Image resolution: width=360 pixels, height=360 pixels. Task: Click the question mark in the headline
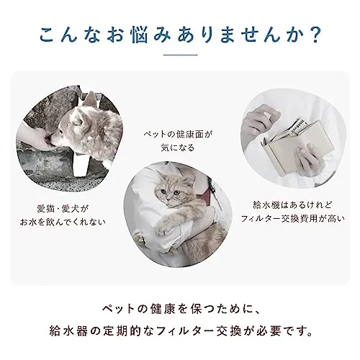pos(313,35)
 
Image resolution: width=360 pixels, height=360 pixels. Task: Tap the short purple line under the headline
pos(180,55)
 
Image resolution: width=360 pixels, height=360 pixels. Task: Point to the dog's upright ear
pos(89,101)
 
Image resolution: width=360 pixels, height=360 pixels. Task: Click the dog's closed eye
pos(76,122)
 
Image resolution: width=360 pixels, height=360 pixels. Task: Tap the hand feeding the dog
pos(36,135)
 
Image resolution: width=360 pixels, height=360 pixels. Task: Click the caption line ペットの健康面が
pos(178,134)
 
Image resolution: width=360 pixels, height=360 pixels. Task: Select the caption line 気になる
pos(178,148)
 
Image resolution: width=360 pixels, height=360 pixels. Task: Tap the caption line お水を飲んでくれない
pos(63,222)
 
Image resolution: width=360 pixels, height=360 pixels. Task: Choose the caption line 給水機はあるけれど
pos(292,205)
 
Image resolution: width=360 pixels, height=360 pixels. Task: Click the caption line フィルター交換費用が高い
pos(293,219)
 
